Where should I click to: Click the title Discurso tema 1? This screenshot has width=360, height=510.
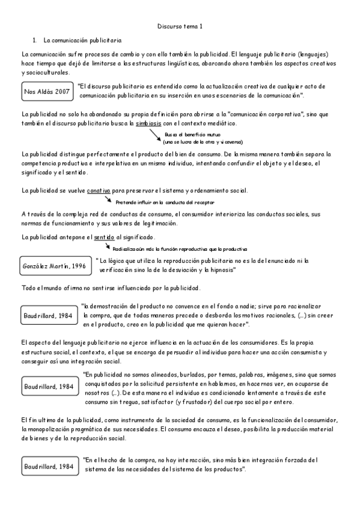coord(180,26)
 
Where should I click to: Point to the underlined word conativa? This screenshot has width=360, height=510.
coord(98,191)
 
